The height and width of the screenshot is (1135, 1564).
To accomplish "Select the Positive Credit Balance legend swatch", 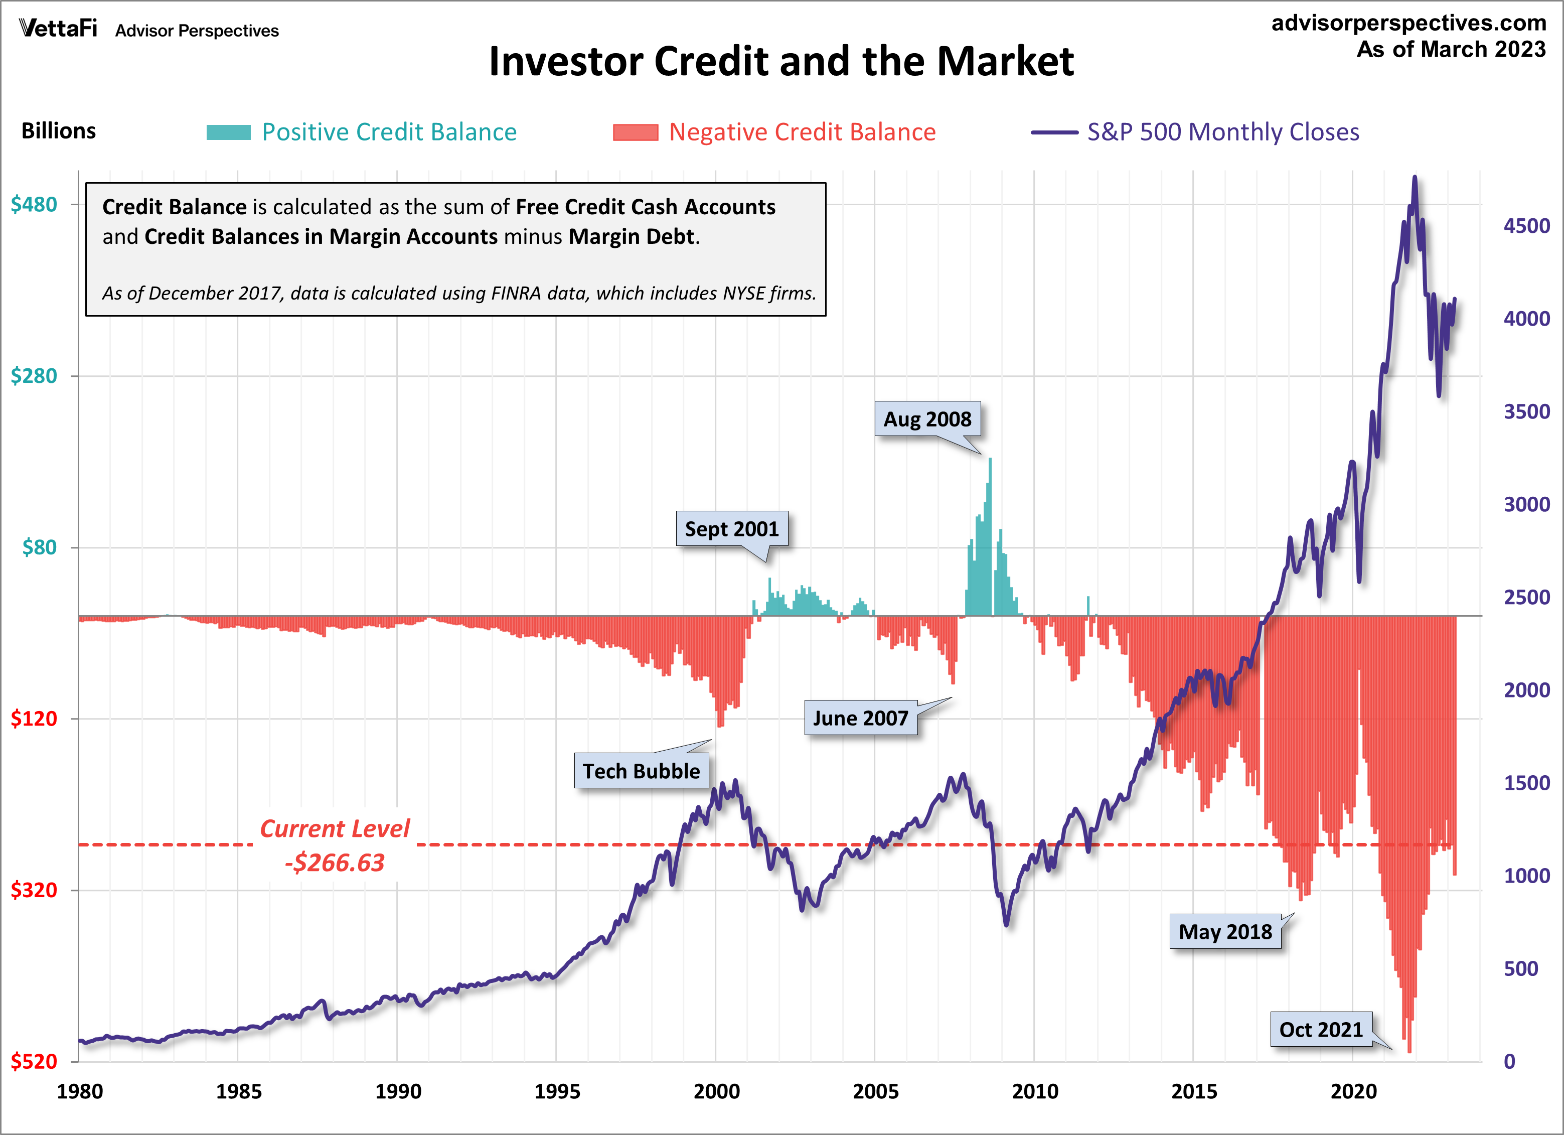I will pos(228,132).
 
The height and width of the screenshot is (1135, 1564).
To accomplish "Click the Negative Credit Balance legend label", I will pos(802,132).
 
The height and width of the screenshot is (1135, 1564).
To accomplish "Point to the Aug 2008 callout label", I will pos(927,419).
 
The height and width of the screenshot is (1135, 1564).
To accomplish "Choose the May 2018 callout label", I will pos(1225,931).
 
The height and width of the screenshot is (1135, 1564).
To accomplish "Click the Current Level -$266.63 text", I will pos(335,845).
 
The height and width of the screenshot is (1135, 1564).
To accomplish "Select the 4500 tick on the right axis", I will pos(1526,226).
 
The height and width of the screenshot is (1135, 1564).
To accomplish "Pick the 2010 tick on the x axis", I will pos(1034,1091).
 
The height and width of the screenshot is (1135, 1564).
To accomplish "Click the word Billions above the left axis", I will pos(59,131).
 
